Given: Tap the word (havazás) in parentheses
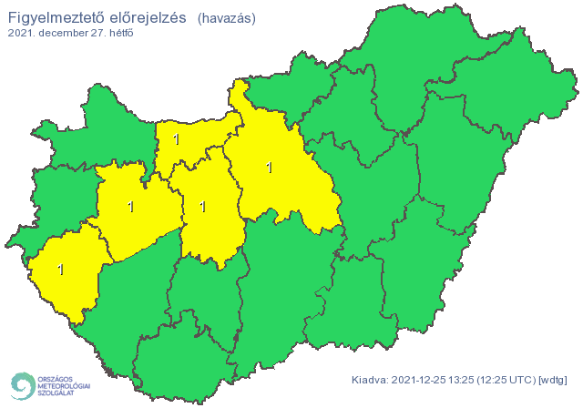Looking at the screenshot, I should [x=226, y=18].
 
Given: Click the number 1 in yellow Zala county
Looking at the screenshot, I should [x=61, y=270].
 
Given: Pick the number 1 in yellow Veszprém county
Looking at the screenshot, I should [x=131, y=207].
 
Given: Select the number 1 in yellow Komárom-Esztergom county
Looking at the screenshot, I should [x=176, y=139].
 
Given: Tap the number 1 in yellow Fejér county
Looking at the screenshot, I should [x=201, y=207].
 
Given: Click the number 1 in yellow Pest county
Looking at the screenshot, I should [x=269, y=168].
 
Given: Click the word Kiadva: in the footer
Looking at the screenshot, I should [x=370, y=380].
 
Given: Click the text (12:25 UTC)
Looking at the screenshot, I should [x=512, y=380].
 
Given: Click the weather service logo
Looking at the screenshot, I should [x=49, y=385].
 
